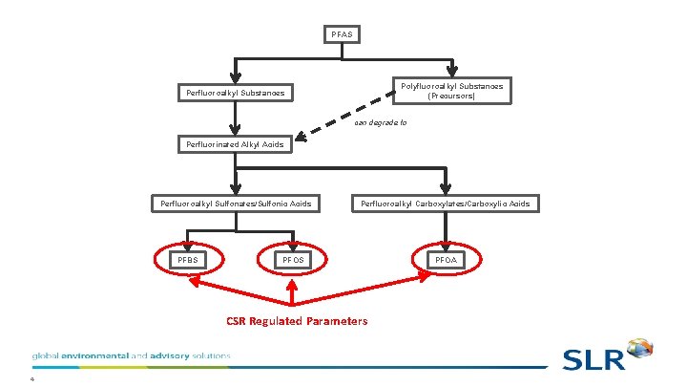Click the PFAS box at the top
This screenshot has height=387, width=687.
pos(342,35)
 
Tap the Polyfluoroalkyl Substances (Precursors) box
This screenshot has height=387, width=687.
pos(451,91)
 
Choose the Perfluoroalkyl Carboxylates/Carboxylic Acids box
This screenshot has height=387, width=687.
pos(445,204)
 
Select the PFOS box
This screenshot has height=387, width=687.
pos(293,260)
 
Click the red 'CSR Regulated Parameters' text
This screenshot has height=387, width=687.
pos(296,321)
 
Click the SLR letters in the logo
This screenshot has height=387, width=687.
pos(593,359)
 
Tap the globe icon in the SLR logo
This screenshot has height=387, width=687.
pos(640,350)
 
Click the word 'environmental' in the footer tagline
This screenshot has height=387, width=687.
pos(93,355)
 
